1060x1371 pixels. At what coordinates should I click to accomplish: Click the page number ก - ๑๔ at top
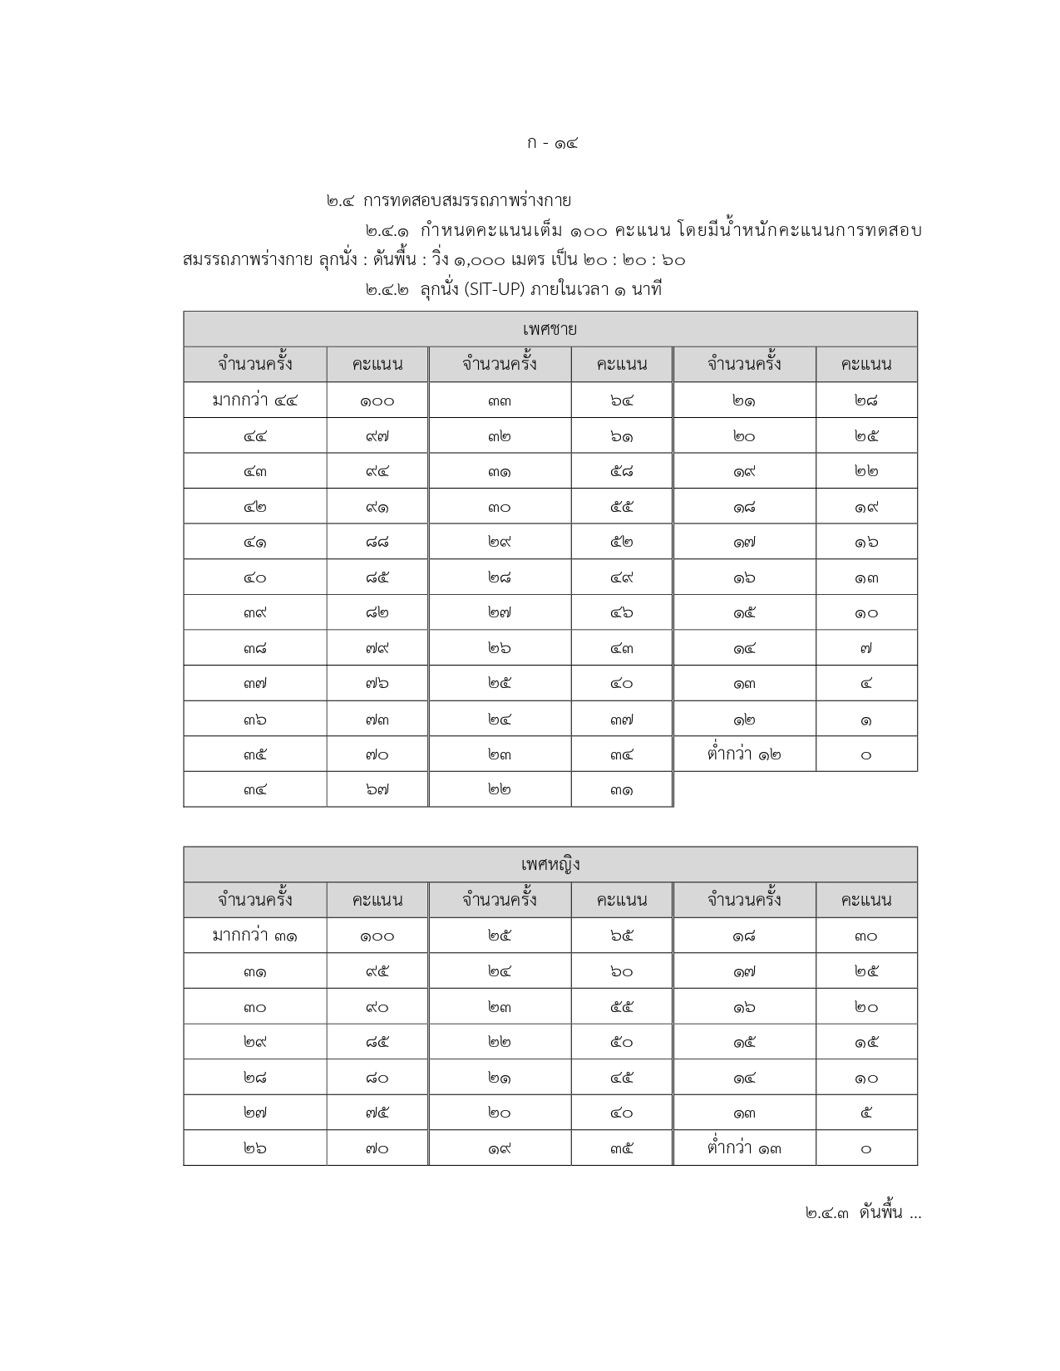pos(552,143)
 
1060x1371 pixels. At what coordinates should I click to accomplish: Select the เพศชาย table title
pos(550,329)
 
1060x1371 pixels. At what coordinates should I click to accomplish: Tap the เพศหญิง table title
pos(550,864)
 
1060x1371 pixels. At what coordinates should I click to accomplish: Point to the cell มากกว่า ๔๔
pos(254,400)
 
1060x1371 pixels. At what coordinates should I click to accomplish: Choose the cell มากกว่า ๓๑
pos(254,936)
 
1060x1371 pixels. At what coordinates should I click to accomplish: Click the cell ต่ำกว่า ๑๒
pos(744,754)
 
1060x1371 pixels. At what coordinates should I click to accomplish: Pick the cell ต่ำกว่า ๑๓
pos(744,1148)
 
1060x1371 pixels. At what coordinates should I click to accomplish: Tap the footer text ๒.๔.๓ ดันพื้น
pos(862,1213)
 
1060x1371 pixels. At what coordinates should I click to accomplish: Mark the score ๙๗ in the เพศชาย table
pos(377,436)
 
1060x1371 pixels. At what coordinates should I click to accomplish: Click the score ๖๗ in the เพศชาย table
pos(377,790)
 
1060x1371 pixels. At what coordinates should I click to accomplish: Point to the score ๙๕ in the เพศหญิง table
pos(377,971)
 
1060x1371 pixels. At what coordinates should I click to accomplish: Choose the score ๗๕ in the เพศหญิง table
pos(377,1113)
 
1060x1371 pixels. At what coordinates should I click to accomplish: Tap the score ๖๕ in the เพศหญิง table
pos(621,936)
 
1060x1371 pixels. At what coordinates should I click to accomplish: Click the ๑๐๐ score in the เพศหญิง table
pos(377,936)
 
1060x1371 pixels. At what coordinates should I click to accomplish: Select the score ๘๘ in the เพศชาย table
pos(377,543)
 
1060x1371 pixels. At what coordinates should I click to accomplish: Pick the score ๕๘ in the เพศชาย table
pos(621,472)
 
